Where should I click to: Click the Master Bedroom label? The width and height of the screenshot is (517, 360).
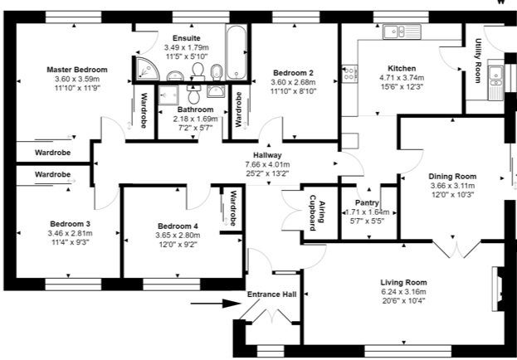pos(77,70)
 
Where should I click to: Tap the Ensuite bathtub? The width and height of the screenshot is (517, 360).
pos(237,52)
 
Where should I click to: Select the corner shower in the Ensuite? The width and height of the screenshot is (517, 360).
pos(147,69)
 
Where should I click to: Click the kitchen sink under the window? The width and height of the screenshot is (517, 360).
pos(402,32)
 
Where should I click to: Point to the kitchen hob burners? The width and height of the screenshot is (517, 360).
pos(349,74)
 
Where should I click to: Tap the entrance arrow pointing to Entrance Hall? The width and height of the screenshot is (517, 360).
pos(216,304)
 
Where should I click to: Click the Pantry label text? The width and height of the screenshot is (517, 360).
pos(367,202)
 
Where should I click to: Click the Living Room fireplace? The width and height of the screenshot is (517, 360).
pos(498,289)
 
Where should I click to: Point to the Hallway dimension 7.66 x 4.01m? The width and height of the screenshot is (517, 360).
pos(268,164)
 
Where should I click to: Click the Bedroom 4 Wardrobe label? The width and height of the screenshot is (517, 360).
pos(233,208)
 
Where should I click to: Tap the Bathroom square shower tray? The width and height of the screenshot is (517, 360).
pos(168,95)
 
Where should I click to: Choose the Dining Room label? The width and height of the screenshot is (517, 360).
pos(453,177)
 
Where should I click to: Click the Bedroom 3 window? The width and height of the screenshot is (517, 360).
pos(73,285)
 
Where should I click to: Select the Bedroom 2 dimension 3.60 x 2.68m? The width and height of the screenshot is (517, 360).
pos(293,82)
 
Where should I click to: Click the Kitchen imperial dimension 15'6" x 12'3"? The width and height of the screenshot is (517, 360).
pos(402,87)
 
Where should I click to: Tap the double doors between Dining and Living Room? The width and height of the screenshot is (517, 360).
pos(456,249)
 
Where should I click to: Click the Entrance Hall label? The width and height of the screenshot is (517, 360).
pos(272,294)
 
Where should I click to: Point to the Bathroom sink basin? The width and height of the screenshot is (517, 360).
pos(216,90)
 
